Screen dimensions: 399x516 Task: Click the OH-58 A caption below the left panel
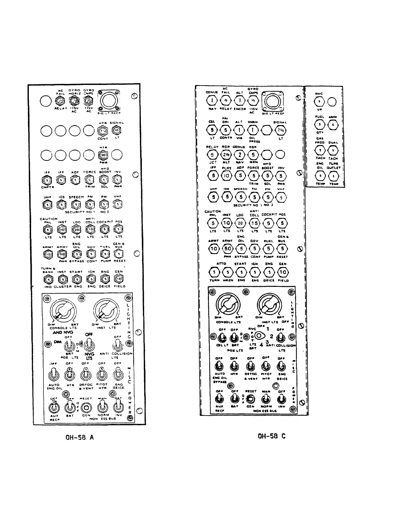(79, 437)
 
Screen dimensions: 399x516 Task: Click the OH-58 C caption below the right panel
(271, 436)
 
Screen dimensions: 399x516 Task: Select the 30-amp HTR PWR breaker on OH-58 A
(103, 155)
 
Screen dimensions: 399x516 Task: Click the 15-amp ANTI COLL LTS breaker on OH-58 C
(255, 223)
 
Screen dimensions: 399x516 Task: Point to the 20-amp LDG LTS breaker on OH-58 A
(76, 229)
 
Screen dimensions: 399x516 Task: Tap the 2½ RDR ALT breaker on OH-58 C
(226, 155)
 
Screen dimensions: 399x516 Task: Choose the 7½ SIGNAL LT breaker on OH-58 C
(280, 130)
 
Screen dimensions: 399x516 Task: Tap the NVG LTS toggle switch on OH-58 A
(89, 345)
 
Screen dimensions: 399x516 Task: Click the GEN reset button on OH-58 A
(86, 407)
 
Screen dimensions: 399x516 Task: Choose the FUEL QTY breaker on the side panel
(320, 124)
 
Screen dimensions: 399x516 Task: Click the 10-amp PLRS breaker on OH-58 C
(227, 176)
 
